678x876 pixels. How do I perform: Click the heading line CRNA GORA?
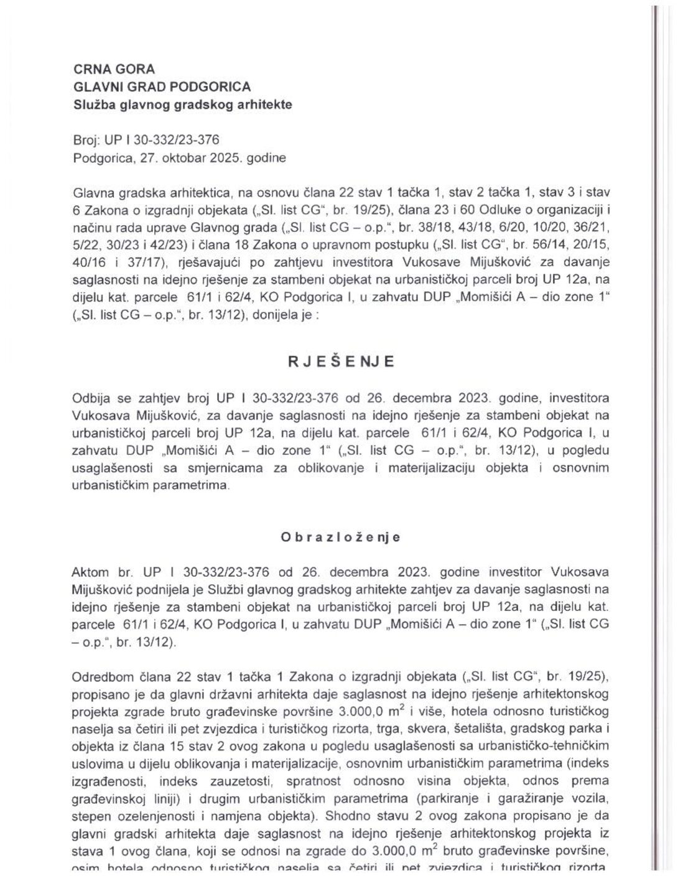click(114, 70)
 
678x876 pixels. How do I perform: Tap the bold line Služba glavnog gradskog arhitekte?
click(182, 105)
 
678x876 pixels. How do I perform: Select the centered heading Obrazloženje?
click(340, 538)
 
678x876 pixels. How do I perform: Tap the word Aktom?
click(91, 572)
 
